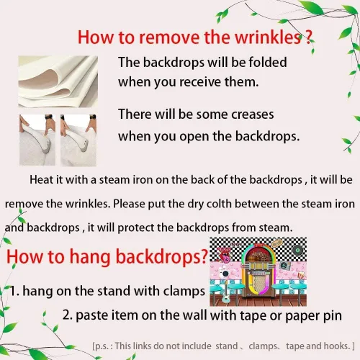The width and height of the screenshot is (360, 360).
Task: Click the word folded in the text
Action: click(x=268, y=62)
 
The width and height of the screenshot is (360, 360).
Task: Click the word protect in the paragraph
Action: click(x=135, y=228)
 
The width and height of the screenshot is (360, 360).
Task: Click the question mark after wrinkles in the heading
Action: click(x=309, y=37)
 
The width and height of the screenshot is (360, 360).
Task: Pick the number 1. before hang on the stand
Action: click(x=15, y=291)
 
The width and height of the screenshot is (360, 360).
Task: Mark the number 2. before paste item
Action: click(x=68, y=315)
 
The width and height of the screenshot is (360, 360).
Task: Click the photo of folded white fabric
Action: click(x=58, y=81)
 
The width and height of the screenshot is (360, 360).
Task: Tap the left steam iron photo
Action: click(x=37, y=140)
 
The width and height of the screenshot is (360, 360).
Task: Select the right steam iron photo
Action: click(x=78, y=140)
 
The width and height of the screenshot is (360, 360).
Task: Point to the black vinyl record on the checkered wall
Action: click(x=297, y=251)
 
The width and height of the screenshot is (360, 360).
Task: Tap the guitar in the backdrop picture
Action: click(x=226, y=294)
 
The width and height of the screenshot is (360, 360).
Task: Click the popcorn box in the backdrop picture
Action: click(x=301, y=275)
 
